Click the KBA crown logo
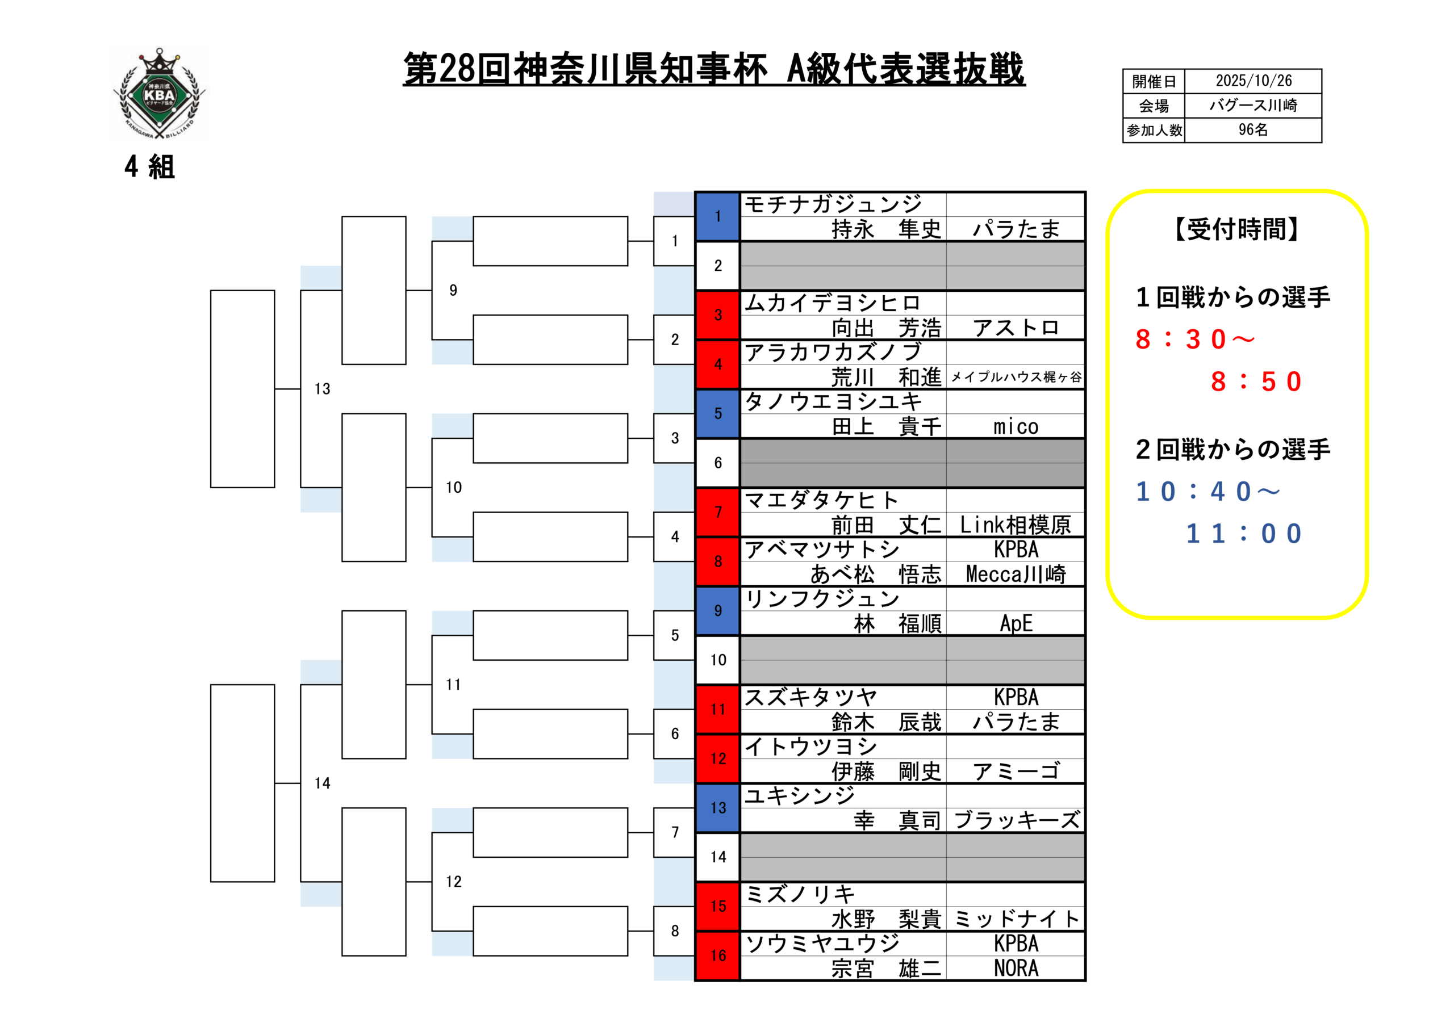click(160, 94)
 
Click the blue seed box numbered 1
click(717, 216)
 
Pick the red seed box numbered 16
click(717, 955)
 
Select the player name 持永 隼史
click(886, 229)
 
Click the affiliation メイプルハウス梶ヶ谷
click(1016, 378)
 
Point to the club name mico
click(1016, 427)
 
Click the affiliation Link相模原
click(1016, 525)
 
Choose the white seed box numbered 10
click(717, 660)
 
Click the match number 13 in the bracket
click(323, 389)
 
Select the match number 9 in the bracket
click(453, 290)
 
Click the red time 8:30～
click(1194, 339)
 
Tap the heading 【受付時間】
click(1237, 229)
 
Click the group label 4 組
click(149, 167)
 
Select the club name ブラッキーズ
click(1016, 820)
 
